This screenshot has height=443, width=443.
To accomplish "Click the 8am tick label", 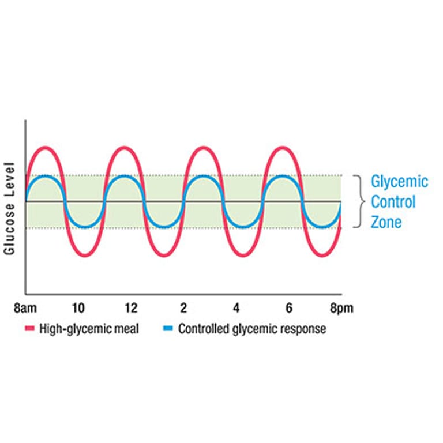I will point(25,308).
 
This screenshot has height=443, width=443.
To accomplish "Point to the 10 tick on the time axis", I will point(78,308).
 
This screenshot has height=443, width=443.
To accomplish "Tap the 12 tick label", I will point(131,308).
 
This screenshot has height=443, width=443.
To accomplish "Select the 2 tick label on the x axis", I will point(183,308).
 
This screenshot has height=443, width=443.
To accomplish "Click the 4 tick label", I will point(236,308).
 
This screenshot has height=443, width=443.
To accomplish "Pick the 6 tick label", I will point(288,308).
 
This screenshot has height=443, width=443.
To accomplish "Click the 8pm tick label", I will point(341,308).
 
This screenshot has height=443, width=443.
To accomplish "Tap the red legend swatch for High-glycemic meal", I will point(30,329).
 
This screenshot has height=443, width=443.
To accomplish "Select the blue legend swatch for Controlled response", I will point(168,329).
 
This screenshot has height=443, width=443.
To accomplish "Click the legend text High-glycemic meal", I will point(89,329).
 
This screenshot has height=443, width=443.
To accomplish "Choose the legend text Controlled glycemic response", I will point(252,329).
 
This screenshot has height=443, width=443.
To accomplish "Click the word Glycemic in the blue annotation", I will point(399,182).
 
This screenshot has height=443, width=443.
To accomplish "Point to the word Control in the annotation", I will point(393,202).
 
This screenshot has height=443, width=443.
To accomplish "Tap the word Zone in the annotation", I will point(386,221).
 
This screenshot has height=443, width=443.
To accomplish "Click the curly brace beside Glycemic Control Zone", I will point(360,201).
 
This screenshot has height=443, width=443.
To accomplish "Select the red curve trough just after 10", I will point(85,254).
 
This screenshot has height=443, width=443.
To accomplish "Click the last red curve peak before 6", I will point(282,149).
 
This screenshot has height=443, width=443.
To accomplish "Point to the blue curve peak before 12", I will point(124,176).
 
